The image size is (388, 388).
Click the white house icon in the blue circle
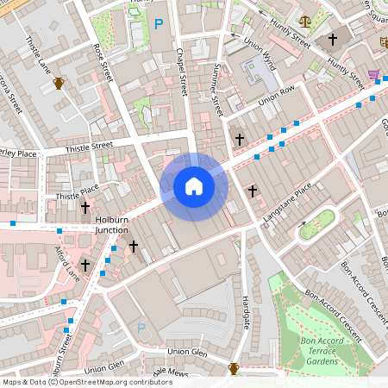coord(194,186)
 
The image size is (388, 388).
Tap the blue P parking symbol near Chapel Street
coord(158,25)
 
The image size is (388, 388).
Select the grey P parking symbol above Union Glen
coord(141,329)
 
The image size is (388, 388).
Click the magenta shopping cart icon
coord(373,75)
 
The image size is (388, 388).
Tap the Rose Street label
coord(103,62)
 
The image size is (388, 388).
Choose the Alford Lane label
coord(67,263)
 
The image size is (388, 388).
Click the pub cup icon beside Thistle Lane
coord(59,83)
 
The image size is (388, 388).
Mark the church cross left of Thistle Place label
coord(84,208)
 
